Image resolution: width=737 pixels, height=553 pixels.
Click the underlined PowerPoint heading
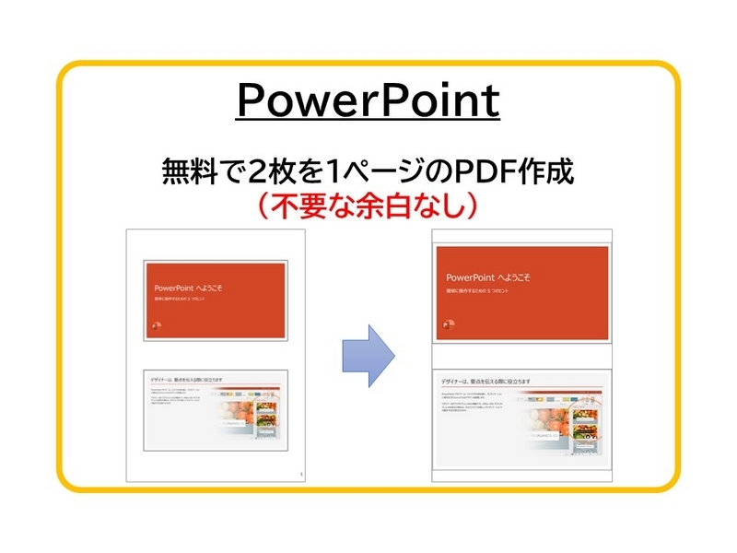point(368,101)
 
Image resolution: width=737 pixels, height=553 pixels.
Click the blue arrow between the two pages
point(368,355)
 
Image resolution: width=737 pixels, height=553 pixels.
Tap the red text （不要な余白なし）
point(368,206)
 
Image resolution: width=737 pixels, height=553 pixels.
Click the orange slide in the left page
point(216,296)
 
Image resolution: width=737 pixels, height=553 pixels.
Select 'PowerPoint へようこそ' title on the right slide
point(487,276)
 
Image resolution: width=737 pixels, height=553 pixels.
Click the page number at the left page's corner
point(300,475)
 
